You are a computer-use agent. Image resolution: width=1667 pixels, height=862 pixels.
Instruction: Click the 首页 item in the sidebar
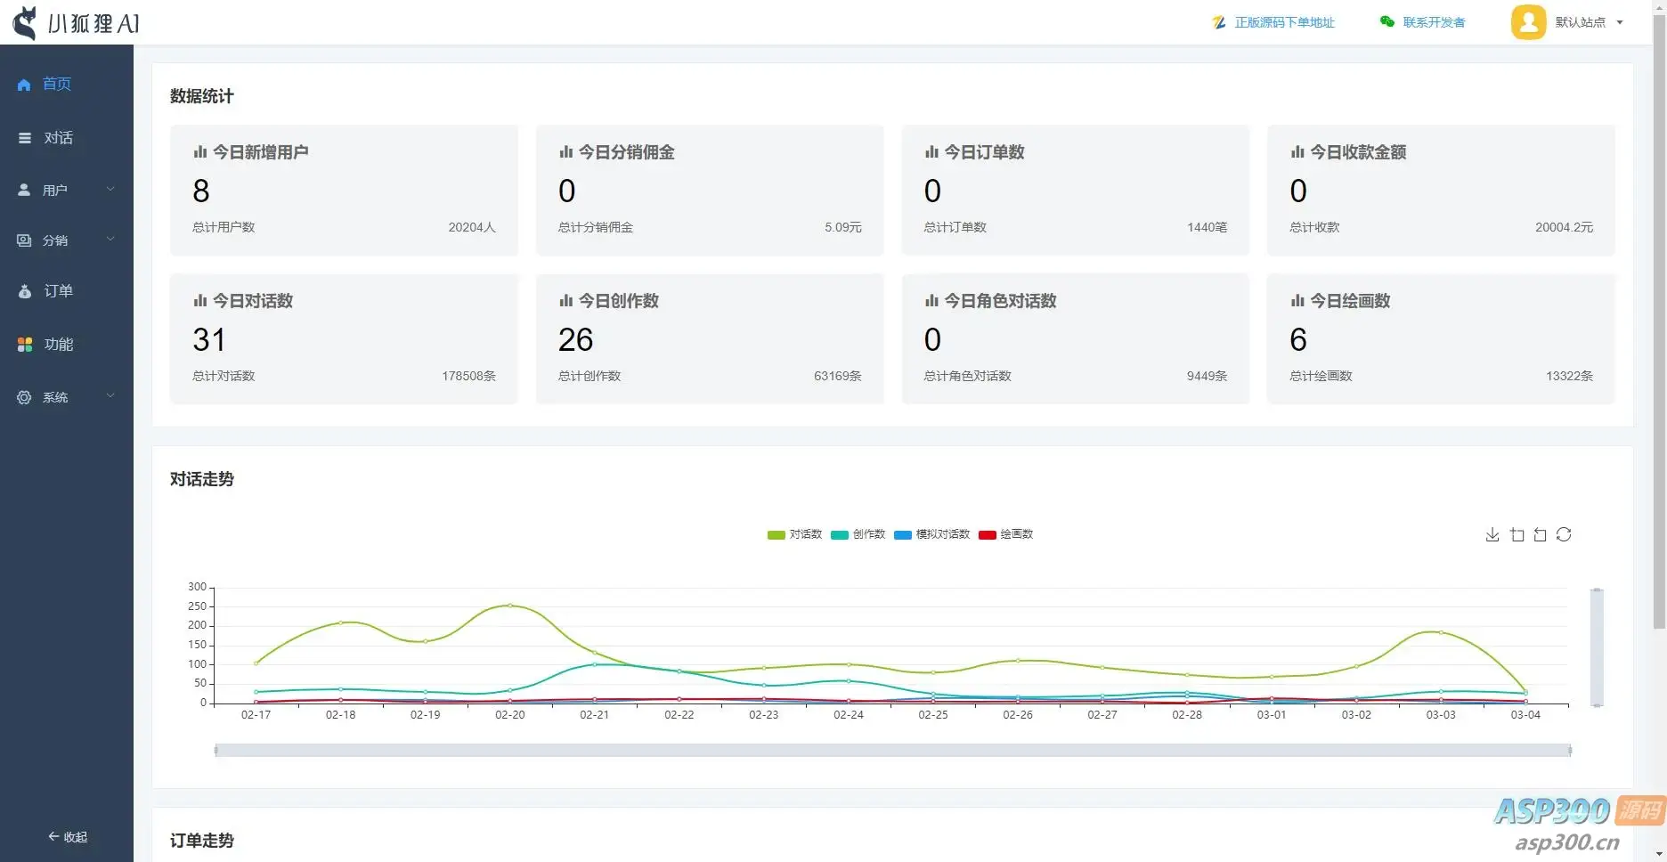tap(45, 84)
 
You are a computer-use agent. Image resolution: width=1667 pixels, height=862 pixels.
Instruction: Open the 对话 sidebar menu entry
tap(46, 138)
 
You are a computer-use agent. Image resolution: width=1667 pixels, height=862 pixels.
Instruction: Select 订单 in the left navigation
tap(46, 291)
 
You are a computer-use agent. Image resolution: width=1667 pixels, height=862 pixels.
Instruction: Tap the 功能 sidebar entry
tap(46, 345)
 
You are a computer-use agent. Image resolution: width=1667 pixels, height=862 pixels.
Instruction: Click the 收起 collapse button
tap(68, 837)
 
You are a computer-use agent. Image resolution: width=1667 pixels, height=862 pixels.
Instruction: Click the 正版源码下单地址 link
tap(1273, 22)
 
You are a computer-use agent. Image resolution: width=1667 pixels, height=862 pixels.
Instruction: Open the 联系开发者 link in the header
tap(1423, 22)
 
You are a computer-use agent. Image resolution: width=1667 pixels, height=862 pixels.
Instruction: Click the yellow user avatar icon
tap(1528, 22)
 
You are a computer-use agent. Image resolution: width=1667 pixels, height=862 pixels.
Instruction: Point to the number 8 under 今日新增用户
tap(201, 191)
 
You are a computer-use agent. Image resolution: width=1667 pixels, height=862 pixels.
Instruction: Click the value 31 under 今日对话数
tap(209, 339)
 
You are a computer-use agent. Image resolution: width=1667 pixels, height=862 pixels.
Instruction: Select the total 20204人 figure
tap(472, 227)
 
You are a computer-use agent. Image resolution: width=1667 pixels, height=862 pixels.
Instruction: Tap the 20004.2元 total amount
tap(1564, 227)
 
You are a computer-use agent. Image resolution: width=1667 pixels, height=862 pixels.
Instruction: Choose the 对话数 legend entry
tap(794, 534)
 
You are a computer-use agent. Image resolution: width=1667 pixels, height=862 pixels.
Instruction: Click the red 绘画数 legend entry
tap(1005, 534)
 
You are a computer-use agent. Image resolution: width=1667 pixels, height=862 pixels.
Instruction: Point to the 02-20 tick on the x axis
tap(510, 715)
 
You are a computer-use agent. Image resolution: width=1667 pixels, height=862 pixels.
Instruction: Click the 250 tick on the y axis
tap(197, 606)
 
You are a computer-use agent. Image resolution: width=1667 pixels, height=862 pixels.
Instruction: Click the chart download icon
tap(1492, 534)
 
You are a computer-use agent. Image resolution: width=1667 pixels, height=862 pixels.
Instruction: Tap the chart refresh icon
tap(1564, 534)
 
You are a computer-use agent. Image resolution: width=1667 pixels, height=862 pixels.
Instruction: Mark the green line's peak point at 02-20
tap(510, 606)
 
